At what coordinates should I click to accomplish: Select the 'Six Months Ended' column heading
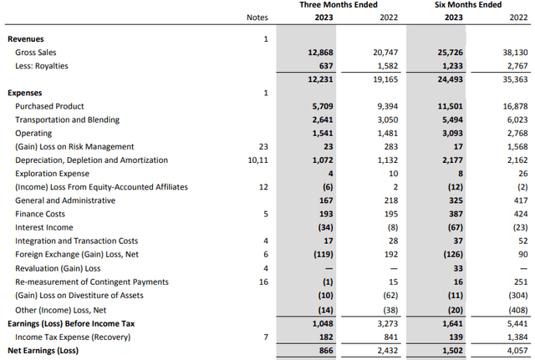coord(461,5)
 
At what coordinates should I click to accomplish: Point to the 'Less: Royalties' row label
coord(42,65)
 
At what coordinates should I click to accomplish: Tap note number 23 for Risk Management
coord(265,146)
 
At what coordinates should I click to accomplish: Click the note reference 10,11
coord(262,160)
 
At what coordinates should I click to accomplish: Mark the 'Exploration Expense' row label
coord(54,174)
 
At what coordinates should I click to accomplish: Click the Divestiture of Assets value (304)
coord(508,295)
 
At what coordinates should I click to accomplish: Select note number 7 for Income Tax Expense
coord(265,336)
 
